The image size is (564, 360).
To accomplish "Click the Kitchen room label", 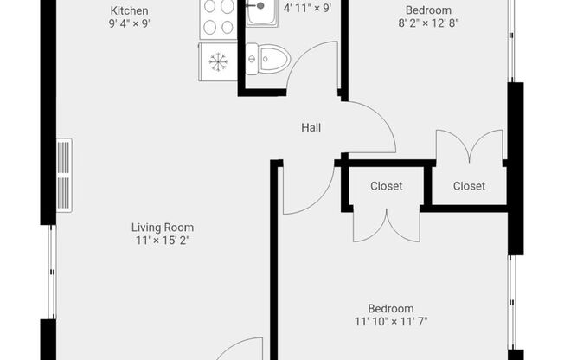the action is point(129,10).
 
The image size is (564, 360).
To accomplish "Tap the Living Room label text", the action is point(163,228).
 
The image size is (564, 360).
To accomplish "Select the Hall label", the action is point(311,127).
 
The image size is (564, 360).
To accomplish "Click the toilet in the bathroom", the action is point(268,59).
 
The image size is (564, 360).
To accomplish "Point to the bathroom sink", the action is point(262,13).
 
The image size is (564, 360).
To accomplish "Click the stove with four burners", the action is point(219,19).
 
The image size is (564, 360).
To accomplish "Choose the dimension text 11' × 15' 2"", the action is point(163,240).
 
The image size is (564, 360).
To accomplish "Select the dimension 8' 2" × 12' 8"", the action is point(428,23).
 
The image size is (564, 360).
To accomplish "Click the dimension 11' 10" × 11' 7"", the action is point(391,321).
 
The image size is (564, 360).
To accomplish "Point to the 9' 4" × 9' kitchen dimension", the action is point(129,23).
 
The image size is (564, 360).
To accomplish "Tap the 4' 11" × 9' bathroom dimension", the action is point(307,8).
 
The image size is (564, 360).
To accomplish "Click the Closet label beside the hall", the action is point(387,186).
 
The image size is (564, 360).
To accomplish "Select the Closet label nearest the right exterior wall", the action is point(469,186).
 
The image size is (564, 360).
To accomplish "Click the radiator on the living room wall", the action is point(64,176).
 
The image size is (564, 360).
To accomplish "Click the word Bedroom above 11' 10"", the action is point(391,309).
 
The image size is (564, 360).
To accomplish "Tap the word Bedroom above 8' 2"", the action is point(428,10).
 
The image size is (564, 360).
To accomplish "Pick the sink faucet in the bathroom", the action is point(256,6).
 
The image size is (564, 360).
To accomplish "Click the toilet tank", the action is point(252,59).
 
